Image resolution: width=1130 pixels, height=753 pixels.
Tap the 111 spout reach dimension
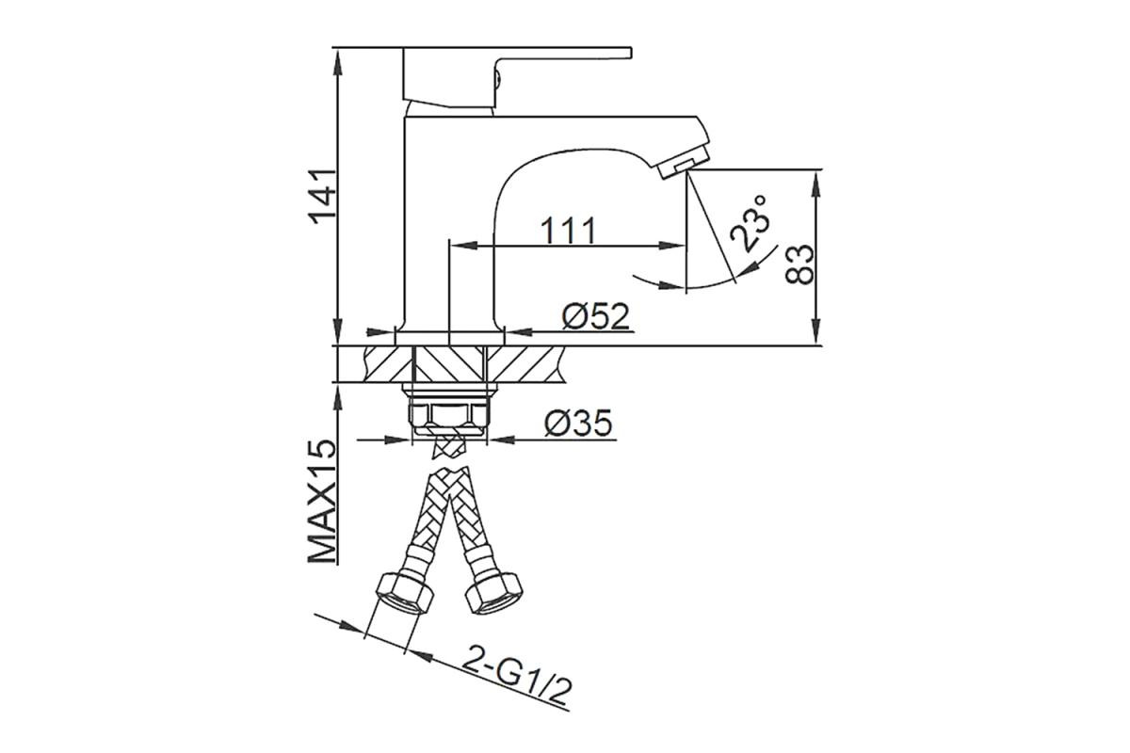click(x=569, y=231)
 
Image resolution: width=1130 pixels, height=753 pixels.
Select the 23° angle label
click(x=751, y=223)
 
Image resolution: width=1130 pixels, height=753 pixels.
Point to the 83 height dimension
click(x=800, y=264)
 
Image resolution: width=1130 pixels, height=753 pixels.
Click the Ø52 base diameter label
click(x=596, y=317)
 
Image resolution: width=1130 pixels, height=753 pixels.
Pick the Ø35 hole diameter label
click(x=578, y=423)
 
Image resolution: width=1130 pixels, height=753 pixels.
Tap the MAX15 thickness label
click(x=322, y=503)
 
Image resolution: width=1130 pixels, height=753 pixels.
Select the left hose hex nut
click(x=405, y=594)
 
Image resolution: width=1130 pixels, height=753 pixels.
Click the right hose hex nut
click(x=493, y=593)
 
